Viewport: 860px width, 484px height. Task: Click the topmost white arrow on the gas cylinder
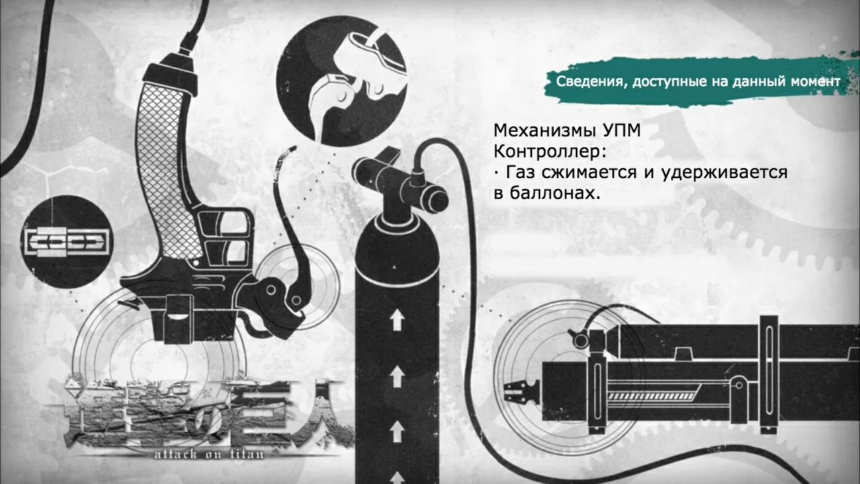click(x=397, y=319)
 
